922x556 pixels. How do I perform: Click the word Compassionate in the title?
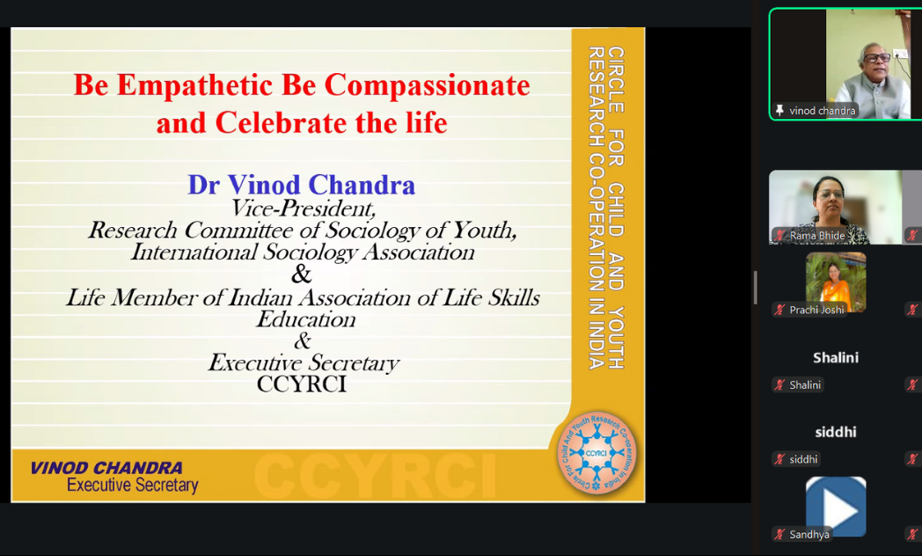(427, 85)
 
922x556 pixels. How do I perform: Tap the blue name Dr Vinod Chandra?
(301, 185)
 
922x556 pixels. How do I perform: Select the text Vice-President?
(303, 208)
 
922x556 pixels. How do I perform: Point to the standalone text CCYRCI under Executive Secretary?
(302, 384)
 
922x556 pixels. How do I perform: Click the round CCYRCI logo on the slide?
(596, 453)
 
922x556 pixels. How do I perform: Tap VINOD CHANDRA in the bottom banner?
(106, 468)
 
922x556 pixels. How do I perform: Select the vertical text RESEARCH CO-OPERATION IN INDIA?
(596, 208)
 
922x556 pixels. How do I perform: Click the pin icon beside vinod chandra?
(779, 111)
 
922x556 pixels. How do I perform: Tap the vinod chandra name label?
(822, 111)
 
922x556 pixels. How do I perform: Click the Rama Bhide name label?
(816, 236)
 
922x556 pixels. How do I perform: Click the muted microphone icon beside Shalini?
(779, 385)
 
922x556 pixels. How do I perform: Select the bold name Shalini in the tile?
(835, 357)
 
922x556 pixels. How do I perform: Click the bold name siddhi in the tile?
(835, 432)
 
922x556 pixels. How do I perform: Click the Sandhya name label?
(809, 534)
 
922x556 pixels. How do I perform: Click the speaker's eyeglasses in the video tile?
(876, 57)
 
